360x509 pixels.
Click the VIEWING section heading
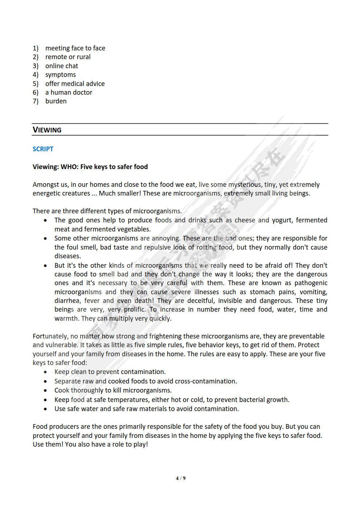pos(47,130)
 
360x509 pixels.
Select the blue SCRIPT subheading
pos(43,149)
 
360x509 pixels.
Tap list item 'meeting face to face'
pos(75,48)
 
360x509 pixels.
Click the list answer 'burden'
pos(56,101)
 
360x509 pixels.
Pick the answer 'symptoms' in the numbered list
pos(60,75)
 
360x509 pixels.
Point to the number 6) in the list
pos(36,93)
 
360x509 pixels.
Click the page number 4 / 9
pos(180,478)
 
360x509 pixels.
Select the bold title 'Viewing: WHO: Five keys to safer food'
pos(90,167)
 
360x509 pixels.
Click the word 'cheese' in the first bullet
pos(245,220)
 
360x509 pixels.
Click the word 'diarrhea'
pos(67,301)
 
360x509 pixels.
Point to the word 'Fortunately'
pos(50,336)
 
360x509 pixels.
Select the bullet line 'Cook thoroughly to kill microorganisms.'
pos(113,390)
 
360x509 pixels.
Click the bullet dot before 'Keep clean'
pos(45,372)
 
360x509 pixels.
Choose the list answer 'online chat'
pos(61,66)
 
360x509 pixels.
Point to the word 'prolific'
pos(135,310)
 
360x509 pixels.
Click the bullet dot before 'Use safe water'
pos(45,409)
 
